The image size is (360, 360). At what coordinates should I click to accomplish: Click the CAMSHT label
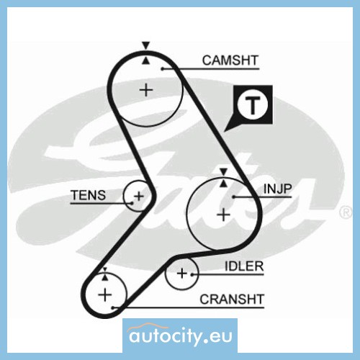coord(230,60)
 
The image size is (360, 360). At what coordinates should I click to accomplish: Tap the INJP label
coord(278,189)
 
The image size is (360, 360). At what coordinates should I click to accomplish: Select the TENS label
coord(89,195)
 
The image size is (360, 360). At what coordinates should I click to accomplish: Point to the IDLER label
coord(244,266)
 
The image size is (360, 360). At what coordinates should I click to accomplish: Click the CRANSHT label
coord(232,300)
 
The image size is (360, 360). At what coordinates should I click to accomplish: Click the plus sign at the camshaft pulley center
coord(146,91)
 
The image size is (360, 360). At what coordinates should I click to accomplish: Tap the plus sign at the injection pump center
coord(223,215)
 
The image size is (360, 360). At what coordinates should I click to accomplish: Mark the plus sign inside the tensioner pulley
coord(139,197)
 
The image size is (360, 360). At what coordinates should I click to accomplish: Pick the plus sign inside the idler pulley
coord(181,274)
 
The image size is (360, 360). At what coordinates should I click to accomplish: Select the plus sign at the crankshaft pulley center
coord(105,295)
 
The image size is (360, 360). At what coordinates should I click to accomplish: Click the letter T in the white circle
coord(252,105)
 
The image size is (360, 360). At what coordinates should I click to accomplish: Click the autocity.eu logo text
coord(181,336)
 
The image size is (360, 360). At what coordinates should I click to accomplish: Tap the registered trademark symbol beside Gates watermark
coord(346,212)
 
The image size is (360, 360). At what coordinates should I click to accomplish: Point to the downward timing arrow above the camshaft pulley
coord(145,45)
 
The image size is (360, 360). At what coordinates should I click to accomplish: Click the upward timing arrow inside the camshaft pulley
coord(145,60)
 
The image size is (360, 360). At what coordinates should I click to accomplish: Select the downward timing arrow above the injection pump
coord(224,172)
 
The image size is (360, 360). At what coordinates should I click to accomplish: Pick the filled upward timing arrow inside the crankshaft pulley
coord(105,277)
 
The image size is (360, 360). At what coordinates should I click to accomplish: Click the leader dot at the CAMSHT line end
coord(163,69)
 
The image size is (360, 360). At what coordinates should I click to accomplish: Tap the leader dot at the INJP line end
coord(233,197)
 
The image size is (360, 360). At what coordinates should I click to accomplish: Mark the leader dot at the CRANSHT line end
coord(112,307)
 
